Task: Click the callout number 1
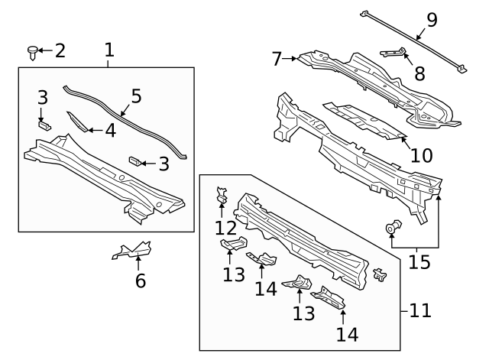pyautogui.click(x=108, y=50)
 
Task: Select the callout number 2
pyautogui.click(x=59, y=51)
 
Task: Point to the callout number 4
pyautogui.click(x=110, y=131)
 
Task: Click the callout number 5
pyautogui.click(x=136, y=96)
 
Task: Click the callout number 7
pyautogui.click(x=277, y=57)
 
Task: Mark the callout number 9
pyautogui.click(x=432, y=20)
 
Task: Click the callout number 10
pyautogui.click(x=421, y=156)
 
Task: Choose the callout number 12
pyautogui.click(x=225, y=229)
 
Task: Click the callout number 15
pyautogui.click(x=419, y=262)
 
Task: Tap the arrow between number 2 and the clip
pyautogui.click(x=44, y=51)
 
